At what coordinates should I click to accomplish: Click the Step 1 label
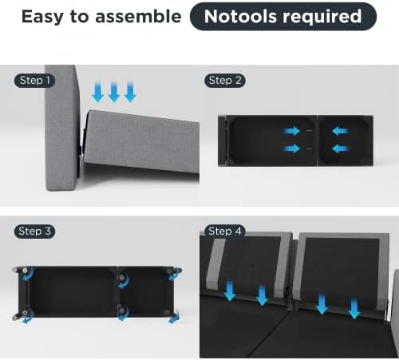tap(34, 81)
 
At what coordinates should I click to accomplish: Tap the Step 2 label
tap(225, 81)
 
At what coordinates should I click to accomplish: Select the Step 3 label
tap(34, 231)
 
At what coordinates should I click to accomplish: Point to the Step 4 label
tap(225, 231)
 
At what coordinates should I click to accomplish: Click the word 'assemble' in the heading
tap(138, 17)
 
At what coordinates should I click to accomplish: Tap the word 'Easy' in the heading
tap(42, 17)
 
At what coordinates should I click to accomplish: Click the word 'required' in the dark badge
tap(322, 17)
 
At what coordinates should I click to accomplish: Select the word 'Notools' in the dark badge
tap(240, 17)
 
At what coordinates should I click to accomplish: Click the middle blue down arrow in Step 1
tap(114, 92)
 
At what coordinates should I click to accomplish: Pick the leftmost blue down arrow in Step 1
tap(97, 92)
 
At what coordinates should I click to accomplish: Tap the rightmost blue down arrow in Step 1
tap(130, 92)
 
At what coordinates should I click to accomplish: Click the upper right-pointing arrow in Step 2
tap(291, 131)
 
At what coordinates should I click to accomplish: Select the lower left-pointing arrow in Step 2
tap(341, 148)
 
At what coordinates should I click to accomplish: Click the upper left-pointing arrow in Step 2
tap(341, 131)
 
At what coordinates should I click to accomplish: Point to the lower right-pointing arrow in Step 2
tap(291, 148)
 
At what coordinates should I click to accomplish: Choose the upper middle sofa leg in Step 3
tap(121, 279)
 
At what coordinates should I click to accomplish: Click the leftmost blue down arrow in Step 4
tap(230, 291)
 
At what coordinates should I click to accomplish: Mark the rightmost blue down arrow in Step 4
tap(354, 309)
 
